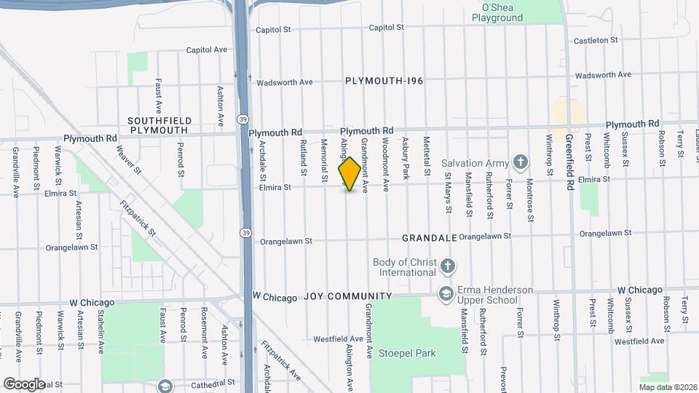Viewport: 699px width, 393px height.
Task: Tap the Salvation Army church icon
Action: click(520, 161)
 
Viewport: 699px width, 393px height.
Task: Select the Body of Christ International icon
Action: click(447, 267)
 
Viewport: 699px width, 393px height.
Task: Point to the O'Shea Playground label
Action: click(497, 12)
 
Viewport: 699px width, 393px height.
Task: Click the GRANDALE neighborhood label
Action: click(430, 238)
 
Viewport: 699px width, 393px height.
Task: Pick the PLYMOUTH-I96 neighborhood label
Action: click(384, 81)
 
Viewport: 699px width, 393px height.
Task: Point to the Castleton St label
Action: click(596, 41)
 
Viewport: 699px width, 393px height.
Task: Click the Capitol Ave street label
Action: click(206, 50)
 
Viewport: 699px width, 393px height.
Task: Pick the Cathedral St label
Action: click(212, 382)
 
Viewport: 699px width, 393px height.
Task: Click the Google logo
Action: click(24, 384)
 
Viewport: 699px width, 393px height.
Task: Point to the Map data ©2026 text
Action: click(667, 387)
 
